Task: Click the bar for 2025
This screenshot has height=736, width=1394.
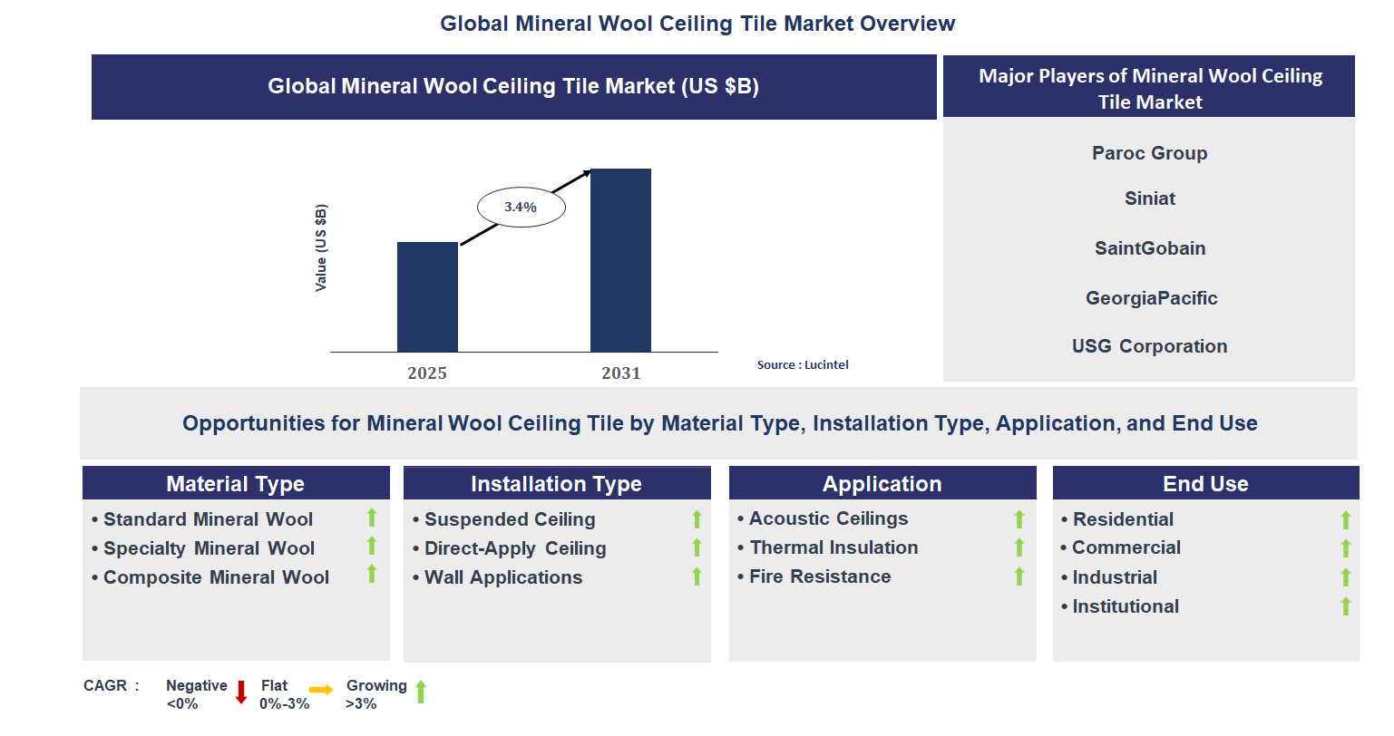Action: pos(427,296)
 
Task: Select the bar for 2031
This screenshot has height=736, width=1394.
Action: pos(620,260)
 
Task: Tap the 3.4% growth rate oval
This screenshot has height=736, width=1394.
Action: pos(522,208)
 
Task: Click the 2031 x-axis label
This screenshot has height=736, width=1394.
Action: pos(620,373)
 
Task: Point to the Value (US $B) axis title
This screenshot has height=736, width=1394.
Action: pos(320,247)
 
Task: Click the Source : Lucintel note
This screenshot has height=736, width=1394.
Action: pos(803,365)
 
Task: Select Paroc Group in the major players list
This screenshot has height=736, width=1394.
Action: pos(1149,153)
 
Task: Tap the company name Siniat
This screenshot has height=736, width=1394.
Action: pos(1149,199)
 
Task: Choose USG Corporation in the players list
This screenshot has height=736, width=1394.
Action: pos(1149,346)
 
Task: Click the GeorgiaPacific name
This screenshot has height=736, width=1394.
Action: pos(1151,298)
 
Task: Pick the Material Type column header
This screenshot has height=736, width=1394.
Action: pos(236,484)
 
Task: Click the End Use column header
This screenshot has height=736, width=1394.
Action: pos(1205,484)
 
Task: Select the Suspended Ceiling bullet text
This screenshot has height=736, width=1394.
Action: pos(509,519)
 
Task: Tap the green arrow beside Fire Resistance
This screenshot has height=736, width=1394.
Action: pos(1019,576)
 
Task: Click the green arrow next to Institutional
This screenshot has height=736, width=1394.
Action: pos(1346,606)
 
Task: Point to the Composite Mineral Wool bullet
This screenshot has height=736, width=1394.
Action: pos(216,577)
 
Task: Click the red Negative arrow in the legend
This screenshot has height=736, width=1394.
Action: pos(241,692)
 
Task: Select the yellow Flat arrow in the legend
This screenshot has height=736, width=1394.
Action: pos(321,690)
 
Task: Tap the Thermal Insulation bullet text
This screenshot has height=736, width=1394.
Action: pos(833,547)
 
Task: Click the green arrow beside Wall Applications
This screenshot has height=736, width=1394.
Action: pos(697,576)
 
